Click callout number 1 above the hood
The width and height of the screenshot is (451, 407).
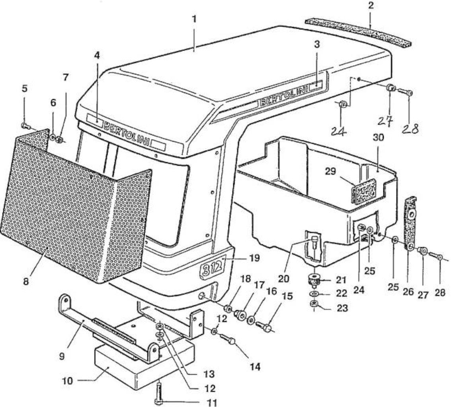tap(194, 19)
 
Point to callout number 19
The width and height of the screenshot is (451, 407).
tap(254, 258)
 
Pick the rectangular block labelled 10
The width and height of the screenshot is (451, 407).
tap(144, 359)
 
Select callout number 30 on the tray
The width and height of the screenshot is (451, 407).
tap(378, 138)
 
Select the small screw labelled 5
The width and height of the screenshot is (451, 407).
tap(26, 126)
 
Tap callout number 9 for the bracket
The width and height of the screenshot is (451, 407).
tap(62, 357)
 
